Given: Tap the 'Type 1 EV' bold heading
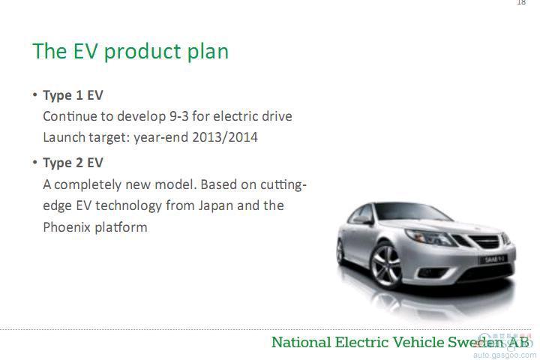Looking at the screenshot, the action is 73,95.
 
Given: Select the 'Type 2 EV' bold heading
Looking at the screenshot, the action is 73,163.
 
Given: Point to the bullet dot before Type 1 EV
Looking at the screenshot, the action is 34,94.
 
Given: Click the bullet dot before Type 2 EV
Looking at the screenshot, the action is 34,162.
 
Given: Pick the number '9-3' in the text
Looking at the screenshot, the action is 179,116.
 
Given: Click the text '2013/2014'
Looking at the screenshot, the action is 225,137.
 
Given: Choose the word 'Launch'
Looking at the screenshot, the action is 64,137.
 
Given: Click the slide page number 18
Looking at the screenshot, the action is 522,2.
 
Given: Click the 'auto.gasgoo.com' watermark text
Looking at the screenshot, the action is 505,355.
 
